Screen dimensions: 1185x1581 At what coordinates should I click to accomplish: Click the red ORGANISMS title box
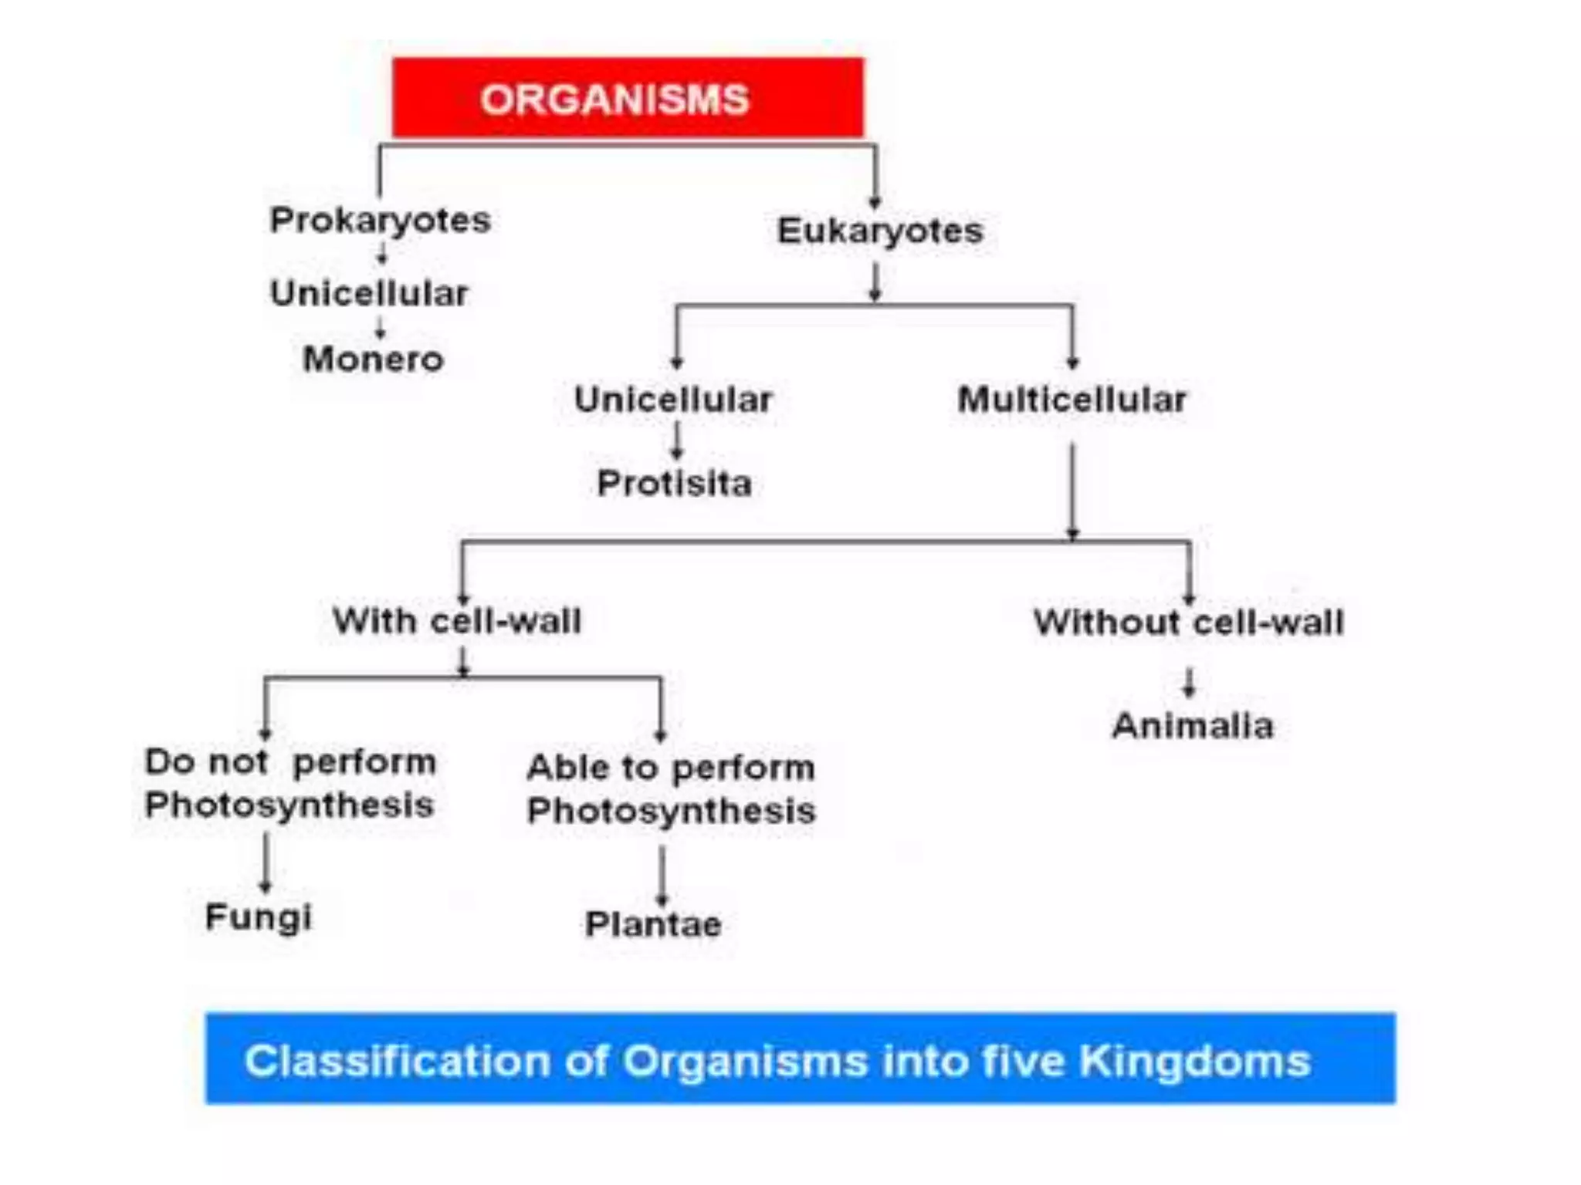(x=627, y=98)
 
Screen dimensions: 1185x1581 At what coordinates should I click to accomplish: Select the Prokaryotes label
(x=380, y=221)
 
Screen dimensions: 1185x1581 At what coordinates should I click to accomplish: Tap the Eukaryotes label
(x=880, y=231)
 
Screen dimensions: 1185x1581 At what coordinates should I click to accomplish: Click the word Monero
(x=373, y=360)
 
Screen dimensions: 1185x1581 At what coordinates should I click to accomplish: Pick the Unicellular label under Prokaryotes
(x=369, y=294)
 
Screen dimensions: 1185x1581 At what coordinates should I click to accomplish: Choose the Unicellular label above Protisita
(x=673, y=400)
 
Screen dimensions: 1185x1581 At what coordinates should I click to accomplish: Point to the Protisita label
(x=674, y=484)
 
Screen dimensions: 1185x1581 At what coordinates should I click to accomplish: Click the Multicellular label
(x=1071, y=400)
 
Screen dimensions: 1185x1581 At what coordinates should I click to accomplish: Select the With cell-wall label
(x=456, y=621)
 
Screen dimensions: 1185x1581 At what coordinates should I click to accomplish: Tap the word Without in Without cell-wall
(x=1107, y=623)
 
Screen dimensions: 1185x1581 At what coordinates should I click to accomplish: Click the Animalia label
(x=1193, y=726)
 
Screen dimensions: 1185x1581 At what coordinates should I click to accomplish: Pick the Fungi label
(x=259, y=917)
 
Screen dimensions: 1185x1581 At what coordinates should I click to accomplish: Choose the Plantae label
(x=653, y=924)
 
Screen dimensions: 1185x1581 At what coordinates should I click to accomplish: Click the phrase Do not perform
(x=290, y=762)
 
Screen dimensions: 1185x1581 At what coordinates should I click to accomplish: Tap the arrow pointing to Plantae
(x=662, y=875)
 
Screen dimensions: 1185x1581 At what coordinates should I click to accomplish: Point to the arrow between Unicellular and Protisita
(x=676, y=442)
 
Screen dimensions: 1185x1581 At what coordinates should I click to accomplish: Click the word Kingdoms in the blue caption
(x=1194, y=1061)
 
